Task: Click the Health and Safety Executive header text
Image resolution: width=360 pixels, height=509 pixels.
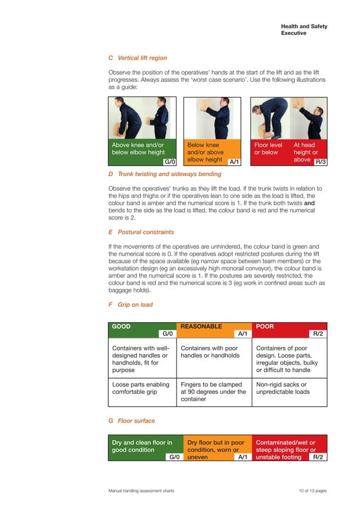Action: coord(304,30)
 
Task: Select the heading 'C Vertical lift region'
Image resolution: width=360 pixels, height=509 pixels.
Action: coord(137,58)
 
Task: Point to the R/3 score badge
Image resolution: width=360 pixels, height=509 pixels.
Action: coord(321,162)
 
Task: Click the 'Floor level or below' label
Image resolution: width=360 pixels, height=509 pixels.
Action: coord(268,149)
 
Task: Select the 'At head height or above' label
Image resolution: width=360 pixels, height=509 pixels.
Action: coord(306,152)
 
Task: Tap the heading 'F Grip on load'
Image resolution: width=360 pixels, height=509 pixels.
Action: coord(130,305)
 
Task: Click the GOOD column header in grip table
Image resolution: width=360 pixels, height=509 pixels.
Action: coord(121,326)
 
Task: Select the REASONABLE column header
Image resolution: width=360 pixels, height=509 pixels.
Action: coord(201,326)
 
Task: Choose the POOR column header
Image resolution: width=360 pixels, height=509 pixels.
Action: coord(265,326)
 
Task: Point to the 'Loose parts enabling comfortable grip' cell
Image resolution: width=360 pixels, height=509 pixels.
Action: coord(141,388)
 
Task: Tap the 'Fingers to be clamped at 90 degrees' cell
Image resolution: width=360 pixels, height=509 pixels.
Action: coord(213,392)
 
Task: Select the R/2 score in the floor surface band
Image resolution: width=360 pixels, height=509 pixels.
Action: coord(318,457)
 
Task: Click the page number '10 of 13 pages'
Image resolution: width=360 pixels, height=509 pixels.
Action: coord(313,491)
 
